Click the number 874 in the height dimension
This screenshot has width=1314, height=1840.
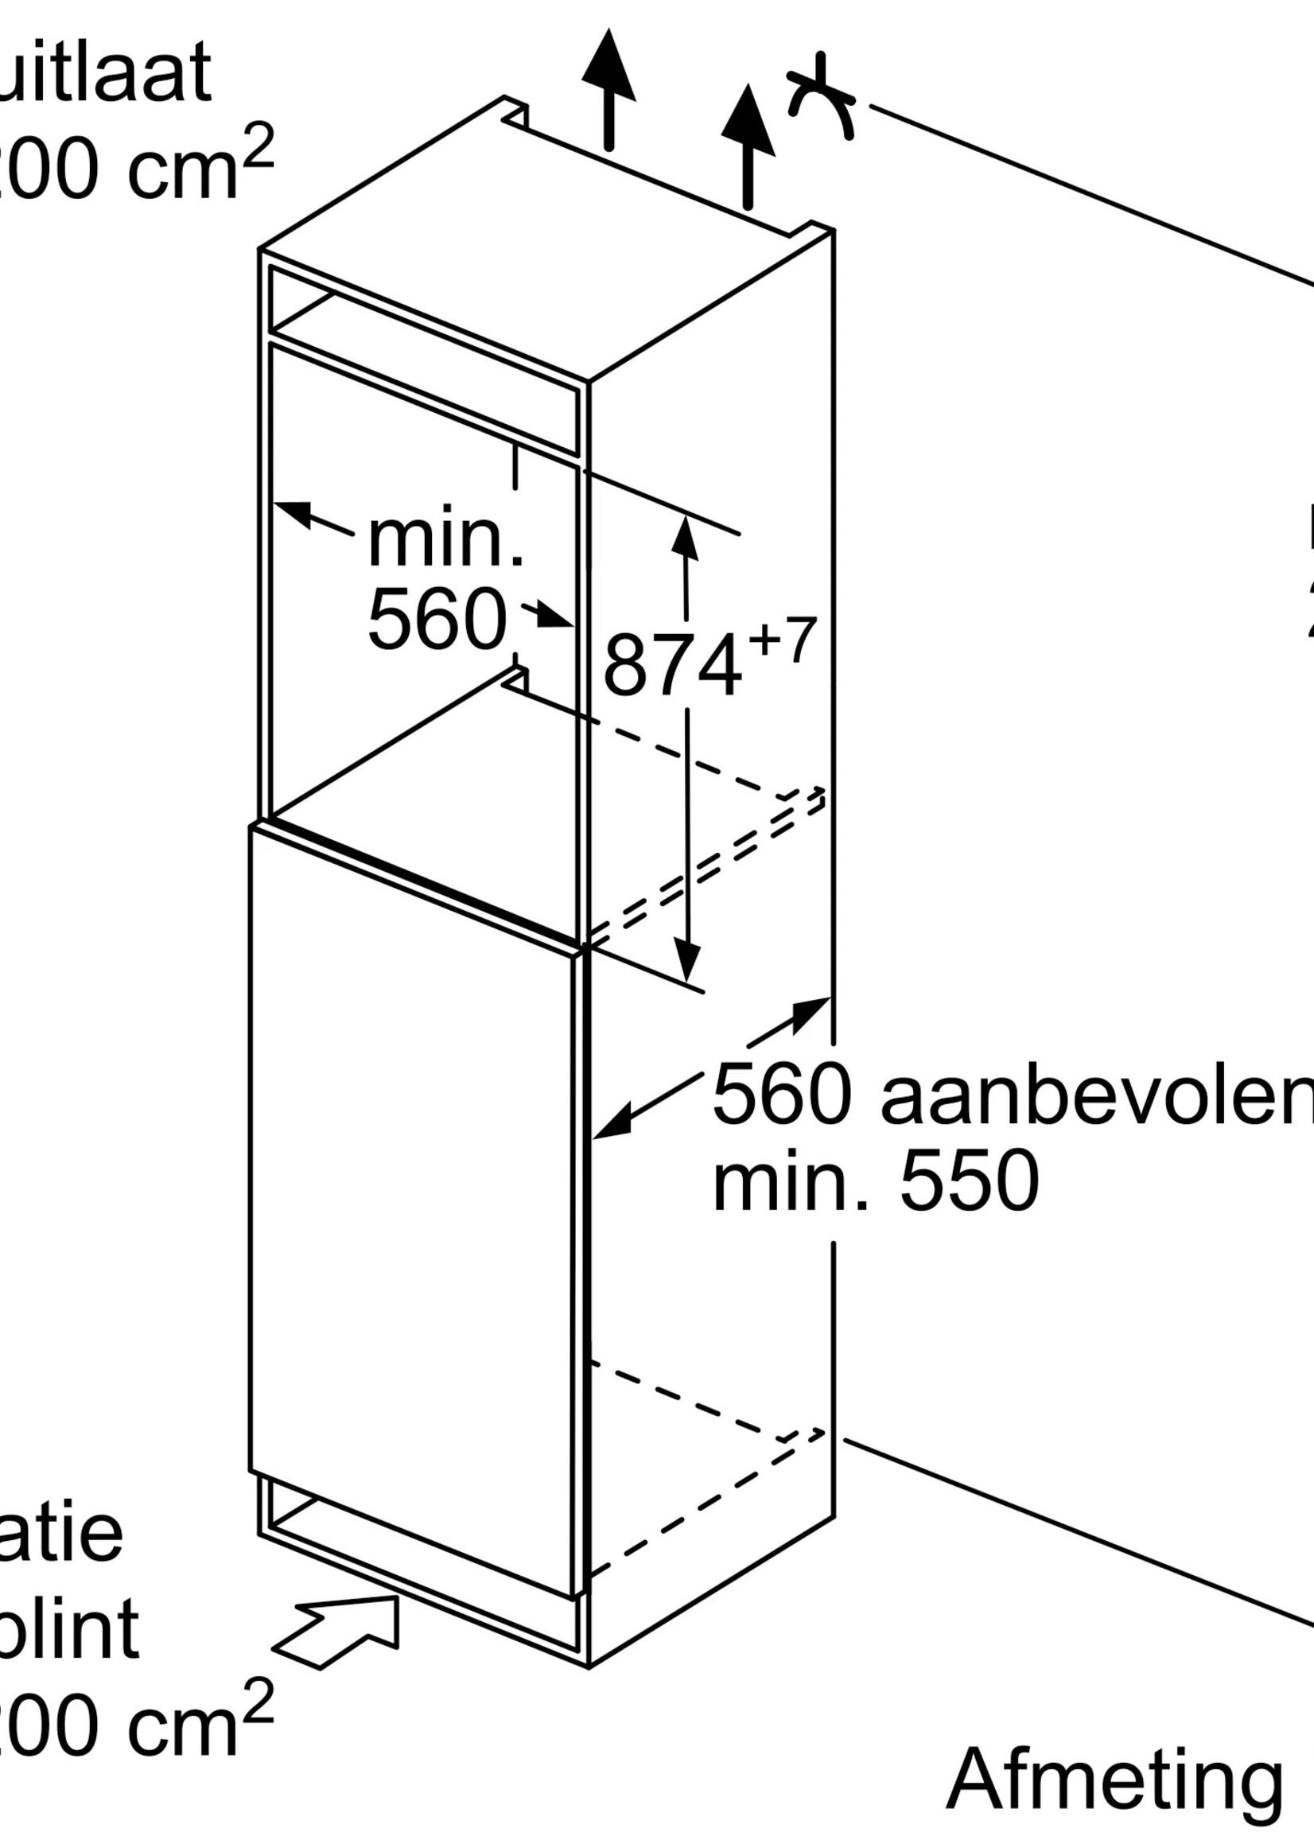tap(671, 666)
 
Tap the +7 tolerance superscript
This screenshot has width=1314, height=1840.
tap(782, 641)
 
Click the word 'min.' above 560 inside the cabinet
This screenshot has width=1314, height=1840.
tap(445, 539)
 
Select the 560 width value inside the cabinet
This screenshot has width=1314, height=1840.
tap(437, 620)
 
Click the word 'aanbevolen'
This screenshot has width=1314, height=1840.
tap(1097, 1095)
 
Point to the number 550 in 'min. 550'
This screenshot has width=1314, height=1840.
tap(970, 1182)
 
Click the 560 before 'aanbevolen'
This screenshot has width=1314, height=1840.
tap(782, 1095)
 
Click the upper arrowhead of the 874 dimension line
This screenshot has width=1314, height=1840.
tap(686, 535)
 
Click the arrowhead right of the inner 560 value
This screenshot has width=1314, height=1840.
tap(556, 617)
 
